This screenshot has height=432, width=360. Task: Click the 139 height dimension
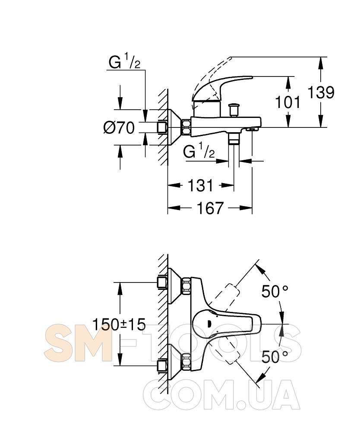321,92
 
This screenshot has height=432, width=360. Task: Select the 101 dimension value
287,102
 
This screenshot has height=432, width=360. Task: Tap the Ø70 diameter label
119,127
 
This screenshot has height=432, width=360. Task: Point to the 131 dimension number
200,185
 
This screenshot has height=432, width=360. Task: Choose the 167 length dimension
210,208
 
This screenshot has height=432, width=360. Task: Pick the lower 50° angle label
275,357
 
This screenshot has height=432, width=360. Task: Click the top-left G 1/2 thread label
124,62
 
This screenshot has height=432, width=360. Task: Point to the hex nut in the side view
186,127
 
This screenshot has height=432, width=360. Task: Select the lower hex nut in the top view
186,361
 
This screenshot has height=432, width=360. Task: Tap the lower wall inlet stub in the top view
162,366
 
